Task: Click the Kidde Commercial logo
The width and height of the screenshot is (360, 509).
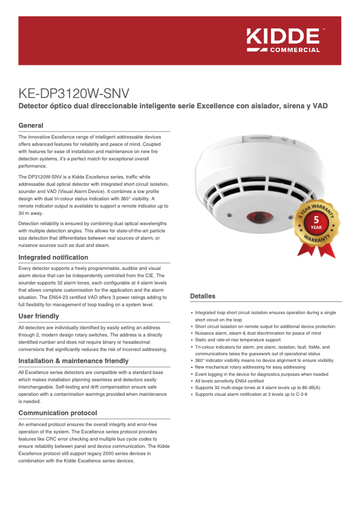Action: pyautogui.click(x=283, y=39)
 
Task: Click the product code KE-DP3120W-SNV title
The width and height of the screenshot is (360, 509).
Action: pyautogui.click(x=74, y=93)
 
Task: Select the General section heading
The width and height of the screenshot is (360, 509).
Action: pyautogui.click(x=31, y=125)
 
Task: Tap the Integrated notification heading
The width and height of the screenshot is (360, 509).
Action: pyautogui.click(x=53, y=257)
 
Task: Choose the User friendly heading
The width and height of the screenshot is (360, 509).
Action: pyautogui.click(x=39, y=316)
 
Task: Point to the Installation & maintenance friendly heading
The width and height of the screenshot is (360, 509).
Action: pyautogui.click(x=73, y=361)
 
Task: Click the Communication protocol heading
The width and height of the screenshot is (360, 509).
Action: pyautogui.click(x=57, y=413)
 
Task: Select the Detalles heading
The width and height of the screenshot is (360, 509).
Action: pyautogui.click(x=203, y=296)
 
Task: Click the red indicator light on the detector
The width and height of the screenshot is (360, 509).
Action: pyautogui.click(x=261, y=216)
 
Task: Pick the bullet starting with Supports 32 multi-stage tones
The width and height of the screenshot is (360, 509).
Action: pyautogui.click(x=257, y=387)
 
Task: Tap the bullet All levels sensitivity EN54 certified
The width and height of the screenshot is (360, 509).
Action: pyautogui.click(x=229, y=381)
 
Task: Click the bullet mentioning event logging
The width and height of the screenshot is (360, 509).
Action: pyautogui.click(x=261, y=374)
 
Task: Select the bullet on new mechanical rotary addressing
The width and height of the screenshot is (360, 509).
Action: pyautogui.click(x=250, y=367)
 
